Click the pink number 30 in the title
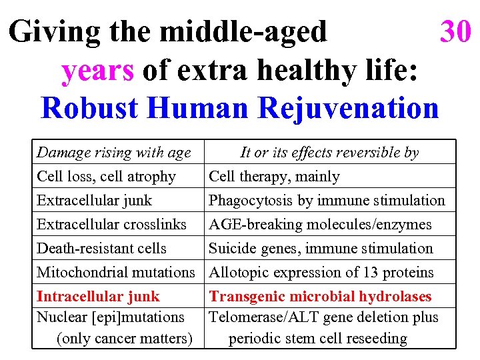[455, 31]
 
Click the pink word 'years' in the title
[97, 70]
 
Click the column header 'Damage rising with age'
[113, 153]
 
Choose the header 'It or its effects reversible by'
[329, 153]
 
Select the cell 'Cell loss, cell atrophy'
[106, 177]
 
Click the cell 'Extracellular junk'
[94, 201]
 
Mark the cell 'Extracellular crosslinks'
[111, 225]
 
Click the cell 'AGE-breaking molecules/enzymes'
[320, 225]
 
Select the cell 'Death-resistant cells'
[101, 249]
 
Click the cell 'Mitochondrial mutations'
[115, 272]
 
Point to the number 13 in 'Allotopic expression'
[371, 272]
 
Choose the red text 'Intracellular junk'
[98, 296]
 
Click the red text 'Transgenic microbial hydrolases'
[320, 296]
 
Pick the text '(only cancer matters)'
[125, 338]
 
